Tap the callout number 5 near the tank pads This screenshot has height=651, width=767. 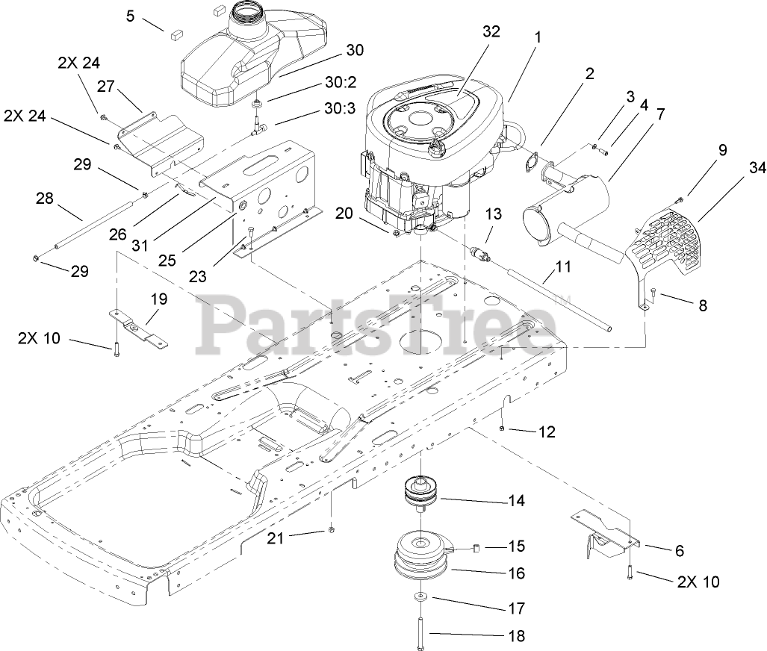[x=131, y=15]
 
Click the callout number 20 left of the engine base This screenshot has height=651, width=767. [x=344, y=214]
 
